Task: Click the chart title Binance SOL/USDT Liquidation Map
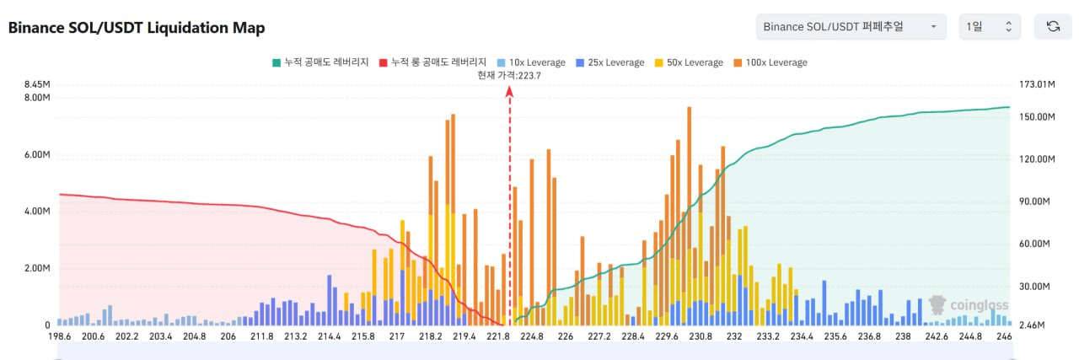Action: tap(137, 28)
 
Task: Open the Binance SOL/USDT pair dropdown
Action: tap(851, 27)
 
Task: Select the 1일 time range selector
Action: tap(990, 27)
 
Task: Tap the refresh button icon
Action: tap(1053, 27)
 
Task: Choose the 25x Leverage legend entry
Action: tap(609, 62)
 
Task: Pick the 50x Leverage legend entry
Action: tap(688, 62)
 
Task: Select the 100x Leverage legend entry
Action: tap(769, 62)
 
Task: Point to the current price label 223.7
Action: tap(508, 75)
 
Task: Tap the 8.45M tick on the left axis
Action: tap(36, 84)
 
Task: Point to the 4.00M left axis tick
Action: tap(36, 212)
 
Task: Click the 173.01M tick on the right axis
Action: tap(1038, 84)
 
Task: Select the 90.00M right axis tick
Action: tap(1035, 201)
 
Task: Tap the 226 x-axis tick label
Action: tap(566, 336)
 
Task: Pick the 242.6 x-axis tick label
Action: tap(937, 336)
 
